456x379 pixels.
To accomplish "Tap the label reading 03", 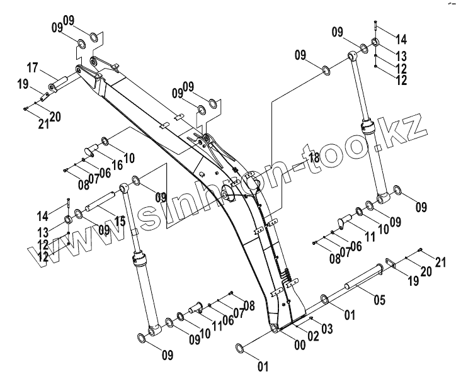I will click(328, 329).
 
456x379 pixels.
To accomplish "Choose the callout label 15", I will click(120, 221).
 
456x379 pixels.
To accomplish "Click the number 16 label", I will click(117, 165).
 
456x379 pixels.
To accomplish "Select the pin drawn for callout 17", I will click(60, 84).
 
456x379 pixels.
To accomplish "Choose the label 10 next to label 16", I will click(128, 156).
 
